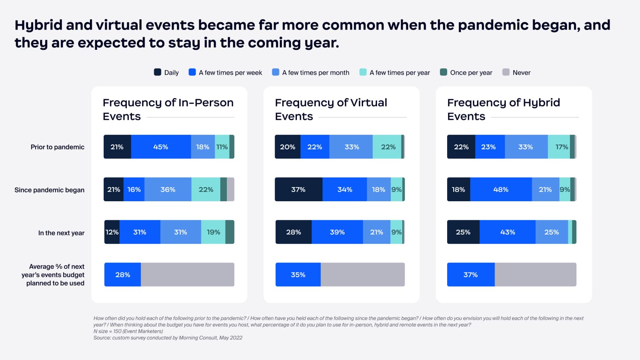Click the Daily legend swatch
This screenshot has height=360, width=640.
point(158,72)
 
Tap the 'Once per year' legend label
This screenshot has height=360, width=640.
point(471,73)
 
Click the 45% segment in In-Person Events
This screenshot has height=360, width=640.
point(161,147)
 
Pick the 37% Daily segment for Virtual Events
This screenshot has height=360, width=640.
point(299,190)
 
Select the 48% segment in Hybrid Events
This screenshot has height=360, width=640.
point(501,190)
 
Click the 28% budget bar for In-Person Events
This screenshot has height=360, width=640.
point(123,275)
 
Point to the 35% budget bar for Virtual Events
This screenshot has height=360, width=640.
point(298,275)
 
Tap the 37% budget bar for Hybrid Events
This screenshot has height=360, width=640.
point(471,275)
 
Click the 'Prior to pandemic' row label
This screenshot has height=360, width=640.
point(58,147)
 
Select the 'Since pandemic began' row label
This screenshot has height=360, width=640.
point(49,190)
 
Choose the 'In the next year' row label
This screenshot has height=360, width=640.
point(61,233)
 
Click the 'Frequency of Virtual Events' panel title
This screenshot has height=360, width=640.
point(331,109)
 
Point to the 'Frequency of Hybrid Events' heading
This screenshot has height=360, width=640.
point(503,109)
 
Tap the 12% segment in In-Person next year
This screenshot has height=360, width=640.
point(112,232)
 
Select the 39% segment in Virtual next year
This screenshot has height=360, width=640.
point(337,232)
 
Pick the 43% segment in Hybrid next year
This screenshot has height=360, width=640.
point(508,232)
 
